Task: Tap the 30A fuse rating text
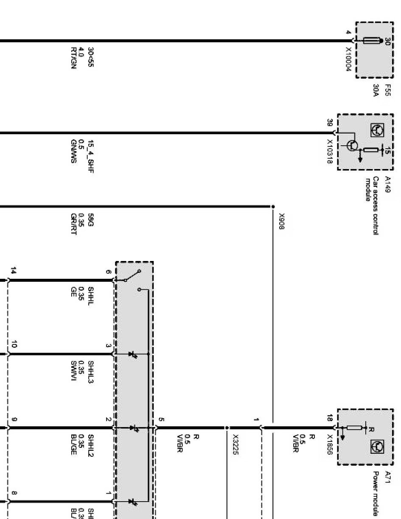pyautogui.click(x=376, y=91)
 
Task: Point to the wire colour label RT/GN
pyautogui.click(x=73, y=58)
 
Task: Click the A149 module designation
pyautogui.click(x=387, y=184)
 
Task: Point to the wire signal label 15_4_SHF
pyautogui.click(x=90, y=157)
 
